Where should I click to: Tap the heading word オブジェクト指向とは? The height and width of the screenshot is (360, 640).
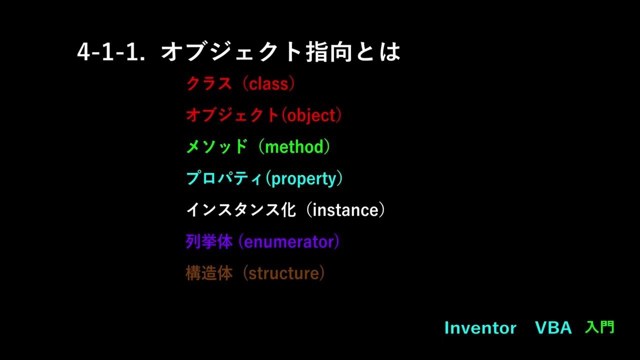click(280, 52)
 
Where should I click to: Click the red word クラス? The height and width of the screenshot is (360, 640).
click(209, 83)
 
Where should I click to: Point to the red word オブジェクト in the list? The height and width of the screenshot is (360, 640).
click(232, 115)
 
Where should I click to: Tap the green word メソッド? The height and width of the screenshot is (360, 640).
click(216, 146)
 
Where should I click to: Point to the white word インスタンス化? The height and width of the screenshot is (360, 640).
click(240, 210)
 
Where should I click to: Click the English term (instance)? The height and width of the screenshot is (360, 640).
click(345, 210)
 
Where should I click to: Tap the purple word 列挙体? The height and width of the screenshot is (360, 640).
click(209, 242)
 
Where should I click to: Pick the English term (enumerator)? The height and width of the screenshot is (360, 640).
click(289, 242)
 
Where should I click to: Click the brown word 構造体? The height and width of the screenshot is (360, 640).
click(209, 273)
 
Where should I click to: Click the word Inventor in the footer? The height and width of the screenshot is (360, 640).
click(480, 328)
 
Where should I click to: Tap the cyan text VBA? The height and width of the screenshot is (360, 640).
click(553, 328)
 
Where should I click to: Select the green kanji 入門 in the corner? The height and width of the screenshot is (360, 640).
click(599, 327)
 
